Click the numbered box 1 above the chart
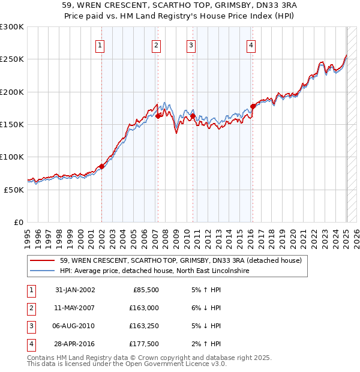(100, 46)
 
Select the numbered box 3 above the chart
(191, 46)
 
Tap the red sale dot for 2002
(101, 167)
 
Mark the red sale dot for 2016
(253, 107)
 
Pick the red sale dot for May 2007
(158, 116)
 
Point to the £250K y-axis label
(12, 59)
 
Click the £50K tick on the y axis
(14, 190)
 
